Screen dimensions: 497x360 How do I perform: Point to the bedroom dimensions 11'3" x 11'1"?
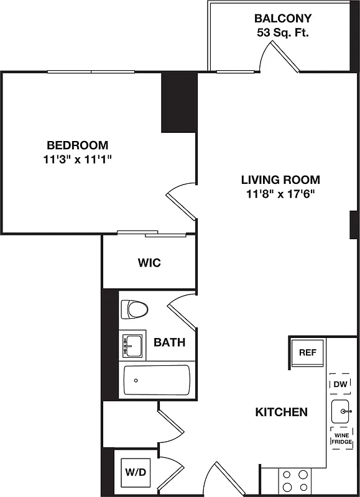(x=78, y=160)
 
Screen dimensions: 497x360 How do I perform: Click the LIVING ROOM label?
(x=280, y=180)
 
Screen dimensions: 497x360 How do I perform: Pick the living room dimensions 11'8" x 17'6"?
(x=280, y=194)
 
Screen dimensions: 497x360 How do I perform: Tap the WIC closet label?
(x=149, y=263)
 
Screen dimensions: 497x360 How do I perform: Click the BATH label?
(x=169, y=342)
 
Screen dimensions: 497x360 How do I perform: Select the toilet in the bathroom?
(x=135, y=309)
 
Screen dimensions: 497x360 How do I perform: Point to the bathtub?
(x=156, y=380)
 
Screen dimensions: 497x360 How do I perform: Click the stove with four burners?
(x=295, y=480)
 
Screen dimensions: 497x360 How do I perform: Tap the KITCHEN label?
(x=281, y=412)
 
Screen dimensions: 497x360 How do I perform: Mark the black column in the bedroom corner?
(x=179, y=103)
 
